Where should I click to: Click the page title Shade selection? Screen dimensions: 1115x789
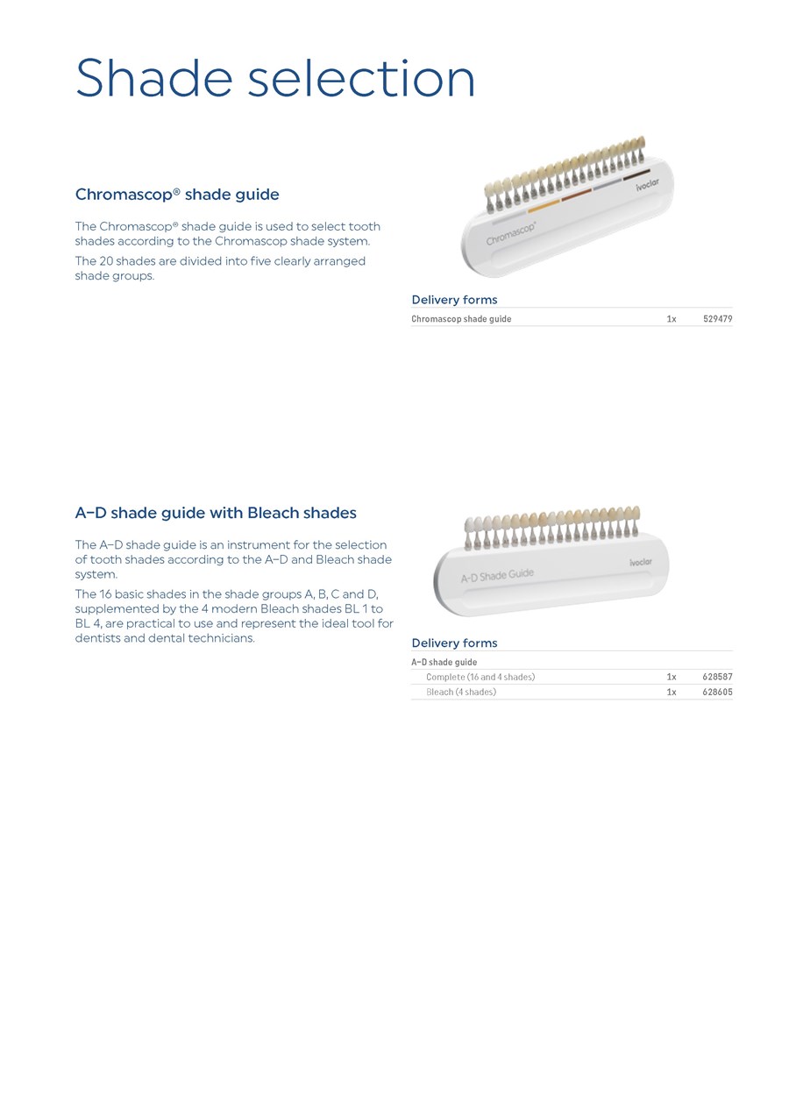(275, 79)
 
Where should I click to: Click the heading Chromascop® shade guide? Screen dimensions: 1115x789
(177, 195)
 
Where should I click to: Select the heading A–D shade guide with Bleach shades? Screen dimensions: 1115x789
(216, 513)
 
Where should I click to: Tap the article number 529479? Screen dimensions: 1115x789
(717, 319)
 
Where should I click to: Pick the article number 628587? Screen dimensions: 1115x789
(717, 677)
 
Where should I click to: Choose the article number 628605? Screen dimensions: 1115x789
(717, 692)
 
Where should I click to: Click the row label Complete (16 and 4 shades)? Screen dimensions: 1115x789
(480, 677)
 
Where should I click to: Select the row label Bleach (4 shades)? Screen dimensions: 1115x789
(461, 692)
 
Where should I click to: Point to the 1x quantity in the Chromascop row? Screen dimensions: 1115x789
(671, 319)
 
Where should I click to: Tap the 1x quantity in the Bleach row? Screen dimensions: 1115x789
(671, 692)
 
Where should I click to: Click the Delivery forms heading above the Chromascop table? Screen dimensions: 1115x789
(454, 300)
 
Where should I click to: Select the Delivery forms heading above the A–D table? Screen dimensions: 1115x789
(454, 643)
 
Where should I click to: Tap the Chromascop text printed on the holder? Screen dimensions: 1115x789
(511, 233)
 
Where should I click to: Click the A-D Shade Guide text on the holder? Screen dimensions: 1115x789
(497, 576)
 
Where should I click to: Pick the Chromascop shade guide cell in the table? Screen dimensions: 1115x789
(461, 319)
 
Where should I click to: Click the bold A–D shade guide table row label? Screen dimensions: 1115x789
(444, 662)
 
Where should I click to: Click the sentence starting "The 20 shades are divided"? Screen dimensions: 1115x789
(220, 268)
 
